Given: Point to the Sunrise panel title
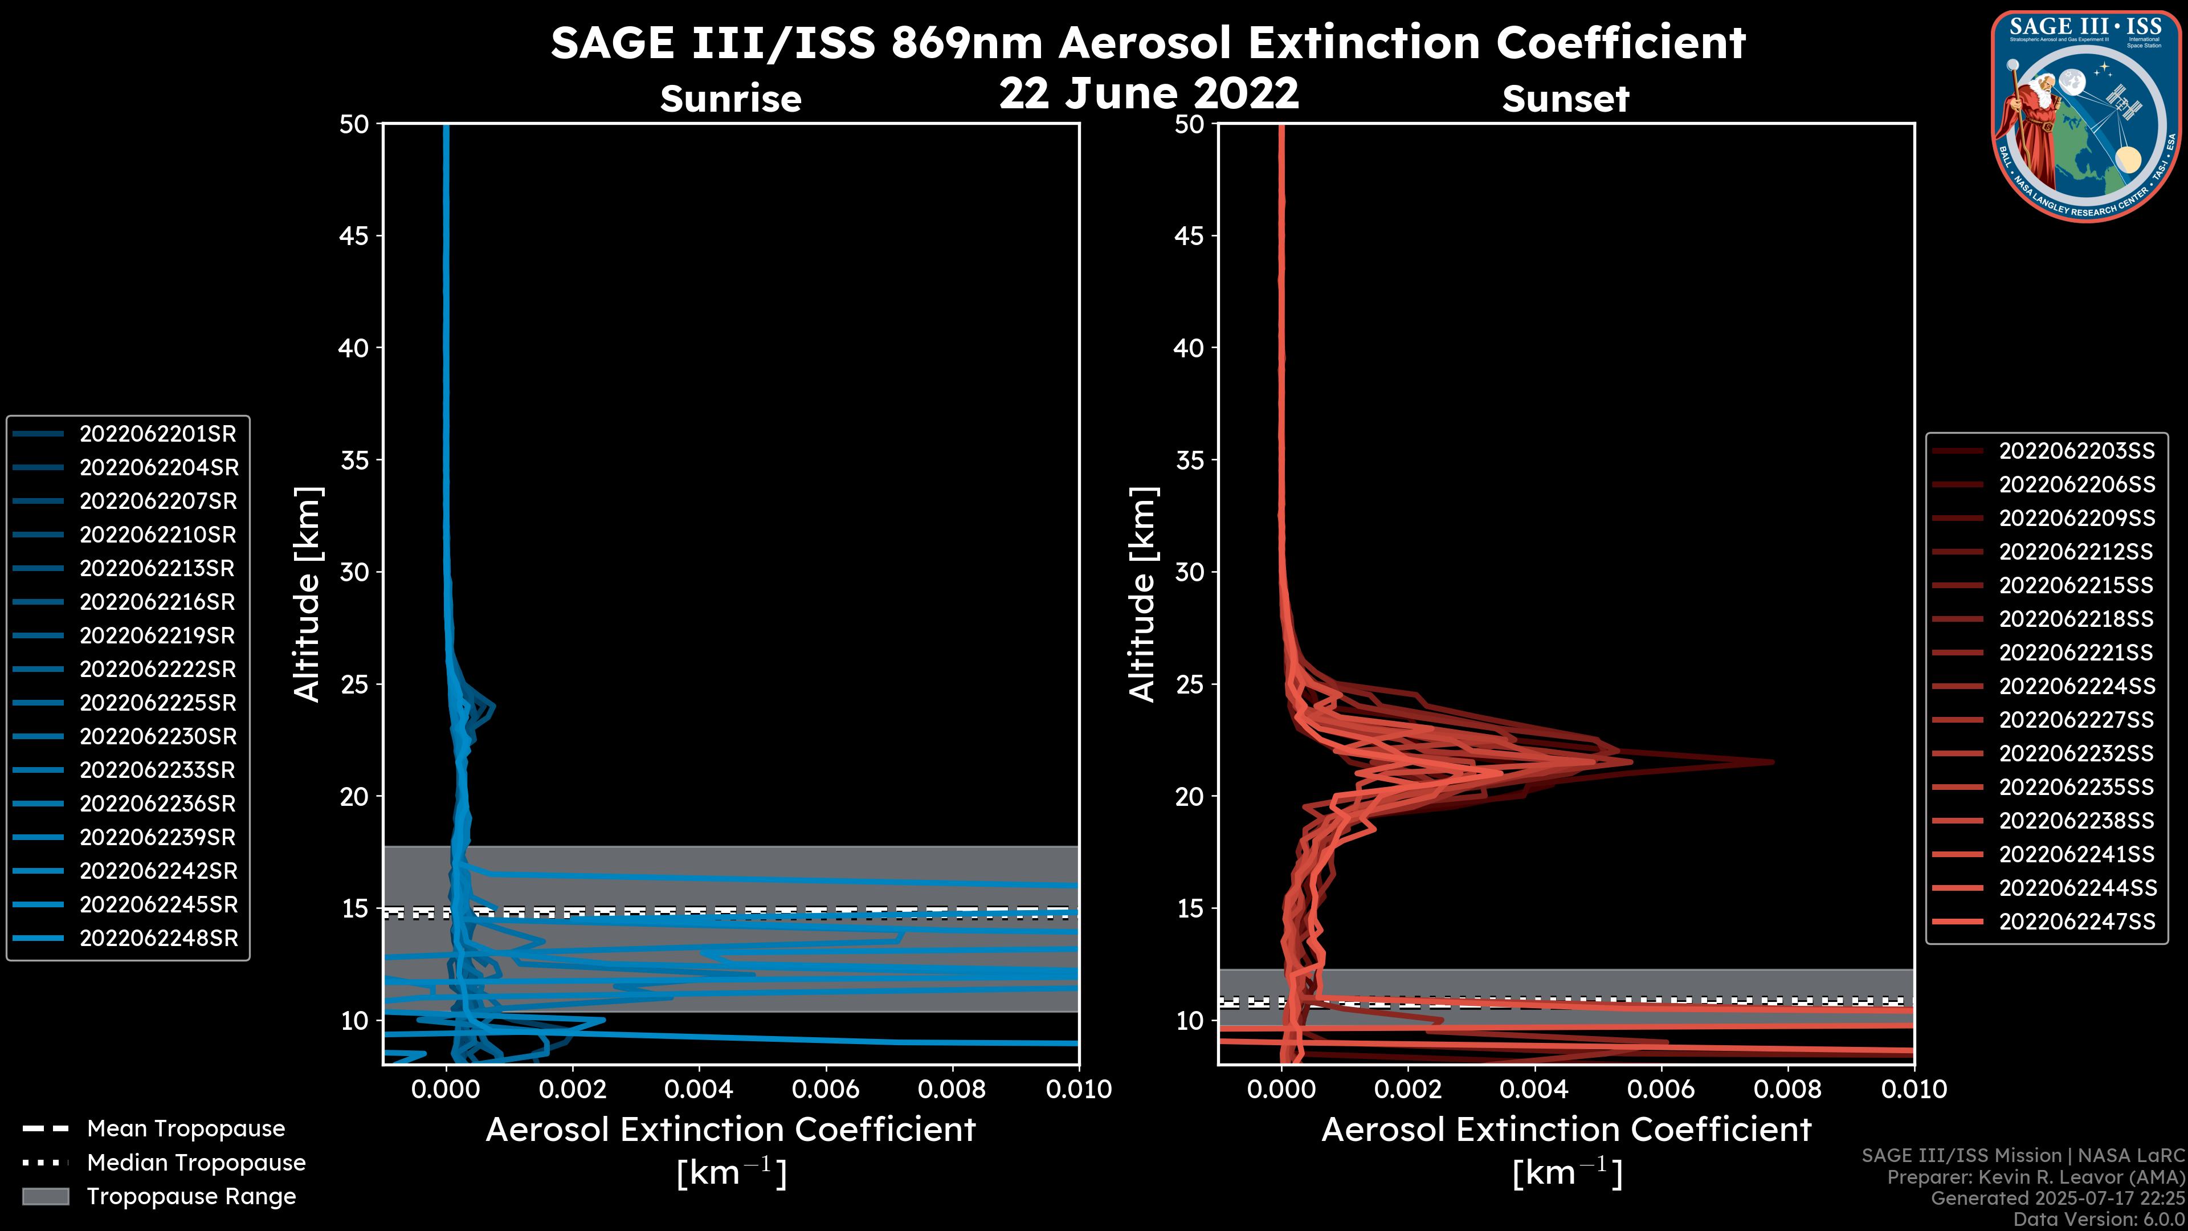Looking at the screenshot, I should pos(730,99).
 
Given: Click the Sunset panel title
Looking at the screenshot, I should pos(1565,99).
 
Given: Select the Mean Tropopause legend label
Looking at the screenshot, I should pos(186,1129).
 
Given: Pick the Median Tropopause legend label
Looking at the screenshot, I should pos(196,1163).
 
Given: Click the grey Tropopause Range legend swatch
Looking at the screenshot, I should pos(46,1197).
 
